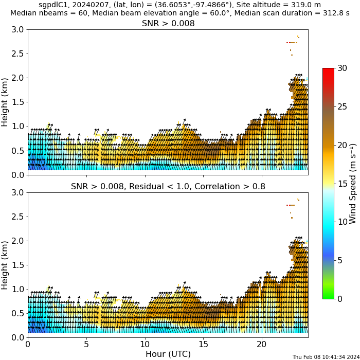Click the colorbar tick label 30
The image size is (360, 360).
coord(343,68)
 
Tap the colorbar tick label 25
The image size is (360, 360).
coord(343,106)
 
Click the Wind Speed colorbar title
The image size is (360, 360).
coord(352,184)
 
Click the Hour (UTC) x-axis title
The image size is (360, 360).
coord(168,354)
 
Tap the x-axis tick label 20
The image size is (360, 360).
coord(261,344)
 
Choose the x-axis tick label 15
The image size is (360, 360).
coord(203,344)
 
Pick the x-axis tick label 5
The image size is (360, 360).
coord(86,344)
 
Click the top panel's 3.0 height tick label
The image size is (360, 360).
coord(17,30)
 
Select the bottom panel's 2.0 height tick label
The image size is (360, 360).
coord(17,241)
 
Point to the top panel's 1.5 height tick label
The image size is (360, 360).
coord(17,102)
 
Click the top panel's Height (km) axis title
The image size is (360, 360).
coord(5,102)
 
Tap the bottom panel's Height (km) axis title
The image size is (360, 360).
coord(5,265)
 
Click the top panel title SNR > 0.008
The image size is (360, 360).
coord(168,23)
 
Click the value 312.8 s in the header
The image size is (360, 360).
coord(335,13)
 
